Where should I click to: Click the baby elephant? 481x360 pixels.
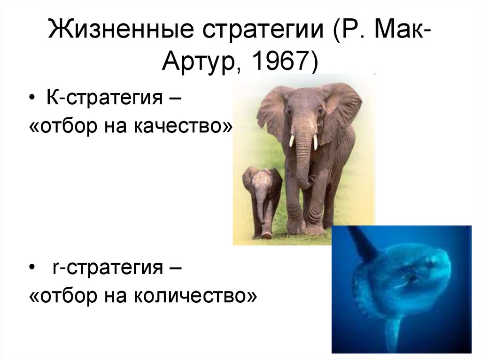pyautogui.click(x=262, y=198)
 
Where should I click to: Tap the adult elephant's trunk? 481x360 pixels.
pyautogui.click(x=303, y=160)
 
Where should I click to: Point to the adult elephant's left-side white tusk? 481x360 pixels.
pyautogui.click(x=291, y=140)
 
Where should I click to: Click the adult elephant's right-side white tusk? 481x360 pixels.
pyautogui.click(x=316, y=142)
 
